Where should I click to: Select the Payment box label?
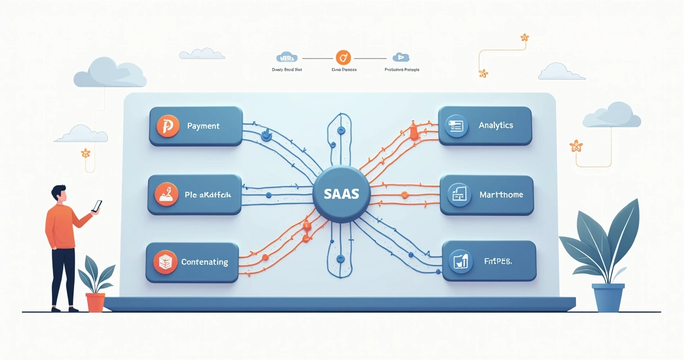click(203, 126)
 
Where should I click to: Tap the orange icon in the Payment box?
click(167, 127)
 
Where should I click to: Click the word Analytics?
click(496, 125)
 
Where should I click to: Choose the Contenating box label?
click(204, 262)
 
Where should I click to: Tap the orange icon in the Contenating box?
click(165, 262)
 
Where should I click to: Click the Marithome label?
click(501, 195)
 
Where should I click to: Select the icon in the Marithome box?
click(458, 195)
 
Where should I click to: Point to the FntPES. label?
click(498, 262)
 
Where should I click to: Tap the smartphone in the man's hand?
click(97, 206)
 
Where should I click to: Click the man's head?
click(59, 194)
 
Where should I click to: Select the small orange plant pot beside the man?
click(95, 301)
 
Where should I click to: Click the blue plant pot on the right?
click(608, 297)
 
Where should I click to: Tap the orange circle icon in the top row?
click(343, 57)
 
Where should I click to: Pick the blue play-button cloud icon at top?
click(400, 57)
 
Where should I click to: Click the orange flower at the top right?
click(524, 38)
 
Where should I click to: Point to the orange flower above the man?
click(85, 153)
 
